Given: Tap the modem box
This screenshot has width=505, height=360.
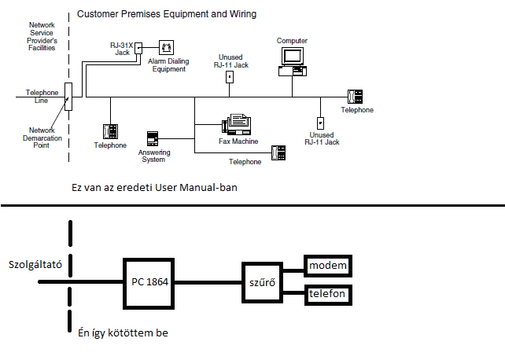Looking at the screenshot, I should [327, 266].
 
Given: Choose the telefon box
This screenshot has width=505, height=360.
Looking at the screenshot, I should [327, 296].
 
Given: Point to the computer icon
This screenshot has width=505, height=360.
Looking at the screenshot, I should [292, 61].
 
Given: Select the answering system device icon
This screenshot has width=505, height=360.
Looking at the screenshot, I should [153, 138].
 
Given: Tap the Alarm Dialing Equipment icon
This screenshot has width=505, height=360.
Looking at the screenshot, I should [166, 47].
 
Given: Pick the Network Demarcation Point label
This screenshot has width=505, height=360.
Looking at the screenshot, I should [42, 135].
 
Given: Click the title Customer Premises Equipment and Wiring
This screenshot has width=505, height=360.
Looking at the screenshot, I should [167, 14].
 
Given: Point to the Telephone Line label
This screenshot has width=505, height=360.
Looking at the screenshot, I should [42, 96].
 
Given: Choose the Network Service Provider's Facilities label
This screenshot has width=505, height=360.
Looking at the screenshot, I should [41, 37].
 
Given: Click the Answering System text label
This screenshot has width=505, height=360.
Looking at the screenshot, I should [153, 156].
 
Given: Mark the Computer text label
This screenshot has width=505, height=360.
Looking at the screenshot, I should [292, 40].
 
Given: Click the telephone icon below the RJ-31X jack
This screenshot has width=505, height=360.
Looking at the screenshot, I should [110, 131].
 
